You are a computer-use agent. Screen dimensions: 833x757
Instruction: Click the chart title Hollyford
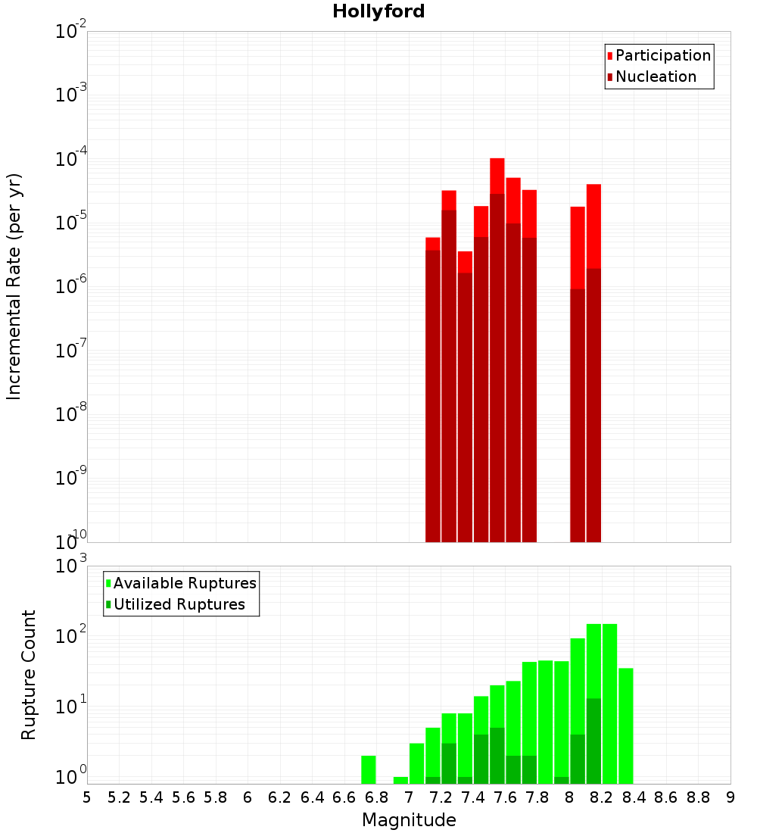(378, 11)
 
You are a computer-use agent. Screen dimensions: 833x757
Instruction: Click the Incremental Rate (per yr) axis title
(14, 287)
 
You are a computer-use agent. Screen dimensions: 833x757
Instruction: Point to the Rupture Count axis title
(29, 675)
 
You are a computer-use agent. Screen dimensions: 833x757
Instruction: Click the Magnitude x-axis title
(409, 820)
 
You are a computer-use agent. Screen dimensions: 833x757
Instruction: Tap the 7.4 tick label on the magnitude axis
(473, 797)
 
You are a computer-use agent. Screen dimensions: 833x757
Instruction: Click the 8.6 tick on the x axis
(666, 797)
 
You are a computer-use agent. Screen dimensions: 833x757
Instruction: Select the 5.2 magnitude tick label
(119, 797)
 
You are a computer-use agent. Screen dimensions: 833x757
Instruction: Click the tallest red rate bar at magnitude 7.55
(497, 303)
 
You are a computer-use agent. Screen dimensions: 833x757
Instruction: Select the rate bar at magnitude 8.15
(593, 341)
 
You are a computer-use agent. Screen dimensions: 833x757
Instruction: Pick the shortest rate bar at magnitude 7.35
(465, 379)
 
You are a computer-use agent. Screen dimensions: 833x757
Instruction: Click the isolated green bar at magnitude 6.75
(369, 769)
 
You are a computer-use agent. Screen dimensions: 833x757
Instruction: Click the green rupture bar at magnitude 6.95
(400, 780)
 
